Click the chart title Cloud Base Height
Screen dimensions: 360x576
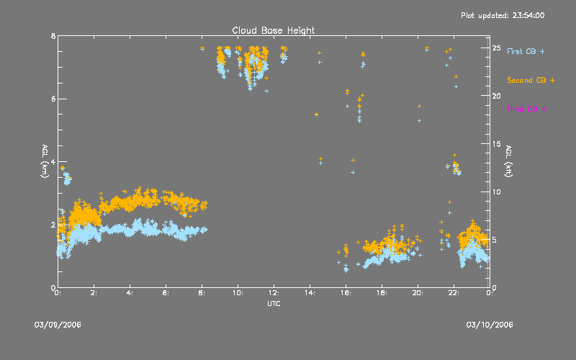pos(273,30)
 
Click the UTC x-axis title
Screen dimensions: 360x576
pos(273,303)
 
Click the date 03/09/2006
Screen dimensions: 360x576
pos(58,325)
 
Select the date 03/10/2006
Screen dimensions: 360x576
pos(490,325)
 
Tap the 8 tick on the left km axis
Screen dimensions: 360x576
pos(53,36)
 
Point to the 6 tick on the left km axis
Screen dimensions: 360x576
pos(53,99)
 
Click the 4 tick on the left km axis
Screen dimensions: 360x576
pos(53,162)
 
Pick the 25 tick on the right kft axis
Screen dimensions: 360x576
pos(496,48)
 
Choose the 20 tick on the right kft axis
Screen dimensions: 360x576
pos(496,96)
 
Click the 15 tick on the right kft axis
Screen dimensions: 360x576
pos(496,144)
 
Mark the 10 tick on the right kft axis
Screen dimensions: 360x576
pos(496,192)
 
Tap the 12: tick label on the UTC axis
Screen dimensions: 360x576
pos(274,293)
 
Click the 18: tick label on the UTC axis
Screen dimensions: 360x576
pos(382,293)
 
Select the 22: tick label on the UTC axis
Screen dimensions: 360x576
pos(454,293)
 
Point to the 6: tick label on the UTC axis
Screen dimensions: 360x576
pos(166,293)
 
